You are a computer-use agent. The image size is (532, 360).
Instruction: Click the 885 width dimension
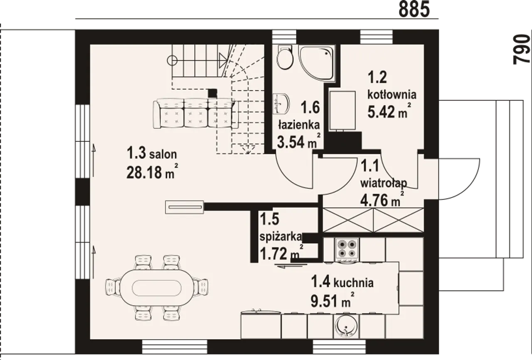(x=414, y=9)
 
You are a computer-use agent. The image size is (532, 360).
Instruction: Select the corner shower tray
(x=317, y=64)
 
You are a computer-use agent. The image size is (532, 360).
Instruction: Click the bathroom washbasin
(x=281, y=104)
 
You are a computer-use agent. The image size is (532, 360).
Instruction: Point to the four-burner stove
(x=347, y=251)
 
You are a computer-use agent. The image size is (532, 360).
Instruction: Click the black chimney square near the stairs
(x=212, y=93)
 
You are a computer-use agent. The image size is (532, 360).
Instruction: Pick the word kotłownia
(x=392, y=94)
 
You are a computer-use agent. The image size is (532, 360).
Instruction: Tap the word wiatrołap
(x=384, y=183)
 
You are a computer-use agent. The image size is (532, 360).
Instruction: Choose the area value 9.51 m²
(x=332, y=301)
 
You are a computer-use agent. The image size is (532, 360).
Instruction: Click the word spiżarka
(x=281, y=237)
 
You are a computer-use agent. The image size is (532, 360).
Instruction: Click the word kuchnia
(x=354, y=283)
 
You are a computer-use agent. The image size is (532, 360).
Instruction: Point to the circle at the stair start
(x=172, y=61)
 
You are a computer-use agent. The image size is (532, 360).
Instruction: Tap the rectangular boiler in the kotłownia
(x=342, y=111)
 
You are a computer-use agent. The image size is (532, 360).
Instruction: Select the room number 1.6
(x=310, y=107)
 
